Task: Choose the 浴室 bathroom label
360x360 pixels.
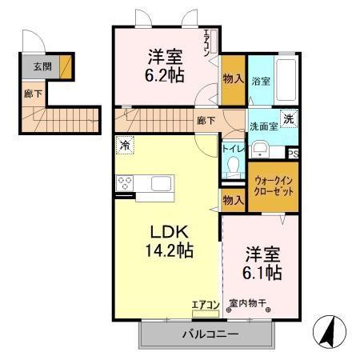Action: [260, 81]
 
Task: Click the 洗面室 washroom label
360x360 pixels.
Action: [261, 125]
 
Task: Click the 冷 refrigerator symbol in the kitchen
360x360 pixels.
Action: [126, 146]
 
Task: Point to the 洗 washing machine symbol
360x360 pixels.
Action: [289, 116]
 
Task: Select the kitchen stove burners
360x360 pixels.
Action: [126, 182]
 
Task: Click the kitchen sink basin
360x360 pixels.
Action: [161, 183]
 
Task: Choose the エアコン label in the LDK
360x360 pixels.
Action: [205, 304]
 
